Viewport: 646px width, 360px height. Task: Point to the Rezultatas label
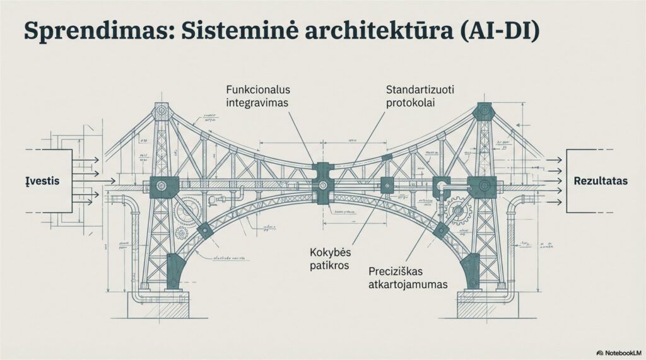point(601,180)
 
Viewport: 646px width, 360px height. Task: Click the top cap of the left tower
point(163,112)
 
